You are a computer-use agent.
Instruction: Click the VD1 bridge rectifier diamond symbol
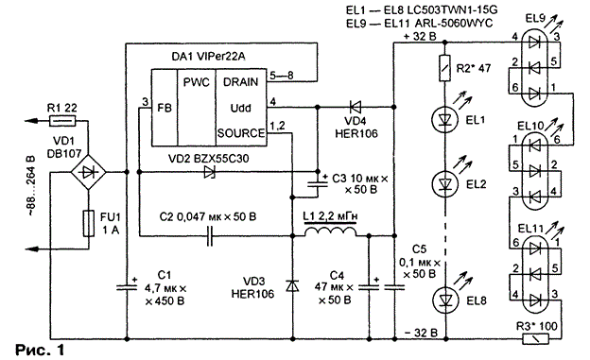tap(89, 172)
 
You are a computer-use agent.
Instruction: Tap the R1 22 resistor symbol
tap(62, 121)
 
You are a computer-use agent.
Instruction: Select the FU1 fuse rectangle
tap(89, 223)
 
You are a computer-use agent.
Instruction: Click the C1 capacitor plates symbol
tap(127, 287)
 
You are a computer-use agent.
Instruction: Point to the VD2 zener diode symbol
tap(209, 172)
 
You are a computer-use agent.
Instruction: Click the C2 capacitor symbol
tap(210, 236)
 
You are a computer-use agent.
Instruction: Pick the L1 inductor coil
tap(330, 231)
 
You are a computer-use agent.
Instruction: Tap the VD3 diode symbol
tap(292, 286)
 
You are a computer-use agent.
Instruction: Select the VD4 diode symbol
tap(355, 107)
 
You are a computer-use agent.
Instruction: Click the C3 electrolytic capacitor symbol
tap(317, 184)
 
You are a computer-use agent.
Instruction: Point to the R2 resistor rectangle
tap(445, 68)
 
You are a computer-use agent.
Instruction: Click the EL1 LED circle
tap(445, 120)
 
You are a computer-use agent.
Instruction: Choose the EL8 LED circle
tap(445, 300)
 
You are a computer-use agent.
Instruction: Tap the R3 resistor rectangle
tap(536, 339)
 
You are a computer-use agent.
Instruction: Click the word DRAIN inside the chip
tap(240, 82)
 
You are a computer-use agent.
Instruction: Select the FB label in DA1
tap(165, 108)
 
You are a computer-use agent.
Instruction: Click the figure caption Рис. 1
tap(40, 350)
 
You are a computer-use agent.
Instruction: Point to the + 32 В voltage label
tap(420, 37)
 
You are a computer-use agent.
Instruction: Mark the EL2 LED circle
tap(445, 183)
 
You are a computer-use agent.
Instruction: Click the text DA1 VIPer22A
tap(208, 57)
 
